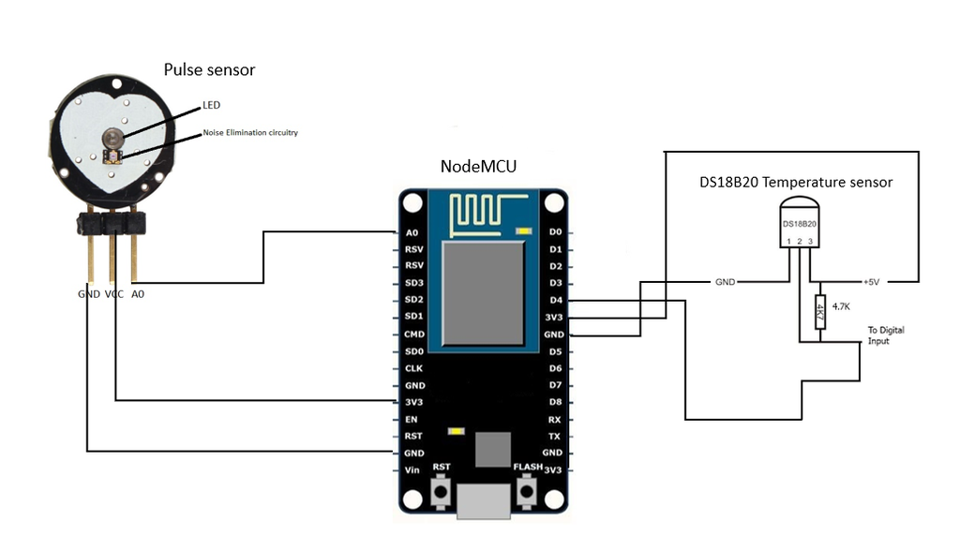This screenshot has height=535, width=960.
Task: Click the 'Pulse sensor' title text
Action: pyautogui.click(x=209, y=69)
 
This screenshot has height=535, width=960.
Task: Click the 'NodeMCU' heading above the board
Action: pyautogui.click(x=478, y=167)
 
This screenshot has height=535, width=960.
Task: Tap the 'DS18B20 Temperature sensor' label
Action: pyautogui.click(x=796, y=182)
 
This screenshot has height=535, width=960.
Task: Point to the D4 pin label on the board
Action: pyautogui.click(x=554, y=300)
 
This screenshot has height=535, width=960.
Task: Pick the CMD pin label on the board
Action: pyautogui.click(x=413, y=334)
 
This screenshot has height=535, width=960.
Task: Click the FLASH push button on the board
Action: pyautogui.click(x=527, y=490)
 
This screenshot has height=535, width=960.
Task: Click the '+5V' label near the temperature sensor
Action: pyautogui.click(x=871, y=282)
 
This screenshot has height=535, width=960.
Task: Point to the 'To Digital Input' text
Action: pyautogui.click(x=885, y=335)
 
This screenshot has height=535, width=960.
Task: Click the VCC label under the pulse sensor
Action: pyautogui.click(x=113, y=294)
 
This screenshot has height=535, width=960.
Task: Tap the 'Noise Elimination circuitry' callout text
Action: pyautogui.click(x=250, y=133)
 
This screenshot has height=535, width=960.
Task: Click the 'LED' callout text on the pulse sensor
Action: pyautogui.click(x=211, y=105)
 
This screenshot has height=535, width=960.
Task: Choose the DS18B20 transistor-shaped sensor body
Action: pyautogui.click(x=800, y=222)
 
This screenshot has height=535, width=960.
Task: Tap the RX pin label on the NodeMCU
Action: pyautogui.click(x=554, y=419)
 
